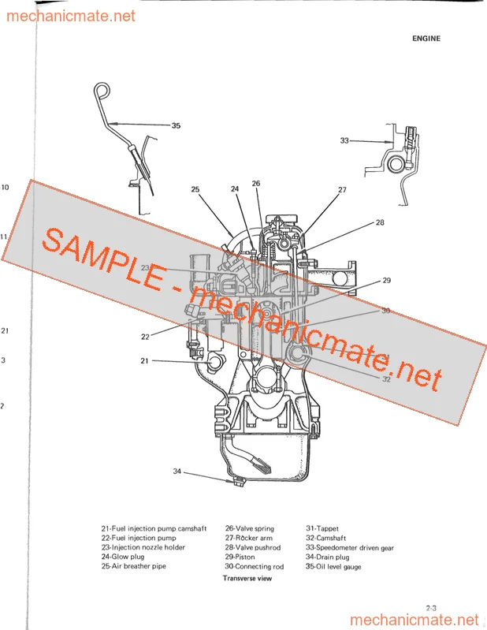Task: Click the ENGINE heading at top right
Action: [x=426, y=39]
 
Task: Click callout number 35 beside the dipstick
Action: [x=176, y=125]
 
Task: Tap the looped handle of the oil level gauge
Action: [x=102, y=90]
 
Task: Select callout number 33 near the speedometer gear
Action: [x=344, y=140]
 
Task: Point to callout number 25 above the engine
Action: [x=195, y=189]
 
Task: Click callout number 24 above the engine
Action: [x=235, y=188]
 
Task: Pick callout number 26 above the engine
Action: [x=256, y=183]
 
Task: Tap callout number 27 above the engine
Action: [x=342, y=190]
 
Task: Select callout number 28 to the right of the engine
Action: [x=380, y=222]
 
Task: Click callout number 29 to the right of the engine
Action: [x=387, y=281]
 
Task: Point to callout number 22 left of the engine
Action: [x=145, y=337]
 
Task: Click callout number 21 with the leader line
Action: [x=144, y=361]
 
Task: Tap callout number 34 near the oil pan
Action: [x=177, y=472]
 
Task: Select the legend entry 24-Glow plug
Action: [x=123, y=557]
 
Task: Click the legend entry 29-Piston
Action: [x=240, y=557]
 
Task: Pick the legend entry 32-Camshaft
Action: [x=325, y=538]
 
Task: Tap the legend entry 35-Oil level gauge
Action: [x=333, y=567]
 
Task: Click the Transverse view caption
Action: [x=247, y=579]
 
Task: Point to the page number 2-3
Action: [x=431, y=608]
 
